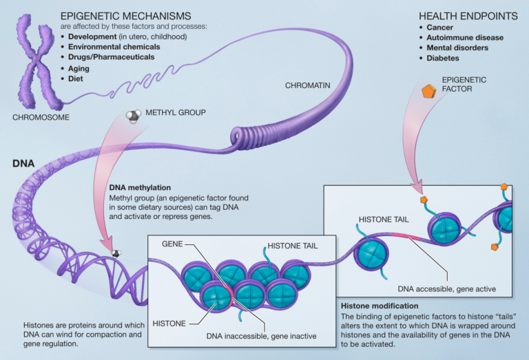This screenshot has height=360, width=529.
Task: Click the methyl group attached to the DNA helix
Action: pyautogui.click(x=116, y=255)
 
